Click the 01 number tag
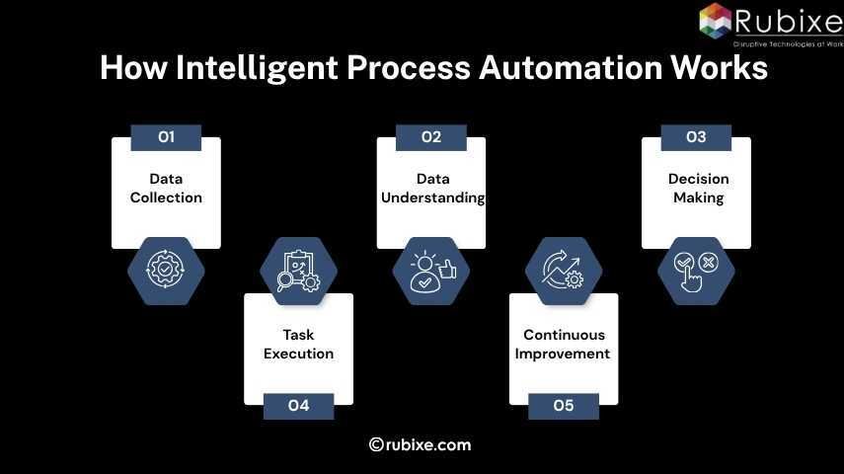coord(166,137)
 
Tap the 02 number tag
coord(430,137)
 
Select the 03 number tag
coord(696,137)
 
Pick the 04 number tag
coord(298,406)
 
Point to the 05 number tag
coord(563,406)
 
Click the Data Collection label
coord(166,188)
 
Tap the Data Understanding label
coord(432,188)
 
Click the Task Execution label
coord(298,344)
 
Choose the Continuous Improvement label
coord(563,344)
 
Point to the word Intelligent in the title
coord(264,68)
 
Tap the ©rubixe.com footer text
coord(421,444)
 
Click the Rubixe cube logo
coord(716,21)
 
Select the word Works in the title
coord(720,68)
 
